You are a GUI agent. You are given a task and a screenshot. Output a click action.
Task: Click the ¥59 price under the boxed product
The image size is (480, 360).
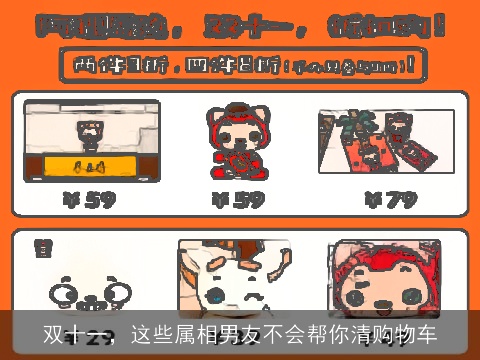tap(91, 200)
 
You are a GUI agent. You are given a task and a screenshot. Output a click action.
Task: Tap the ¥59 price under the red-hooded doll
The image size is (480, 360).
tap(238, 200)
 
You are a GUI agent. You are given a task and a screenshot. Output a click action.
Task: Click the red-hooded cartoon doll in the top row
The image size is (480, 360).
tap(237, 140)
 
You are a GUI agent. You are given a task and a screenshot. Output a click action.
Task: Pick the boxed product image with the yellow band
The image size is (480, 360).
tap(92, 140)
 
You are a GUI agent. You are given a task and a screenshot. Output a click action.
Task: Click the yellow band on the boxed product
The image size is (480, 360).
tap(92, 164)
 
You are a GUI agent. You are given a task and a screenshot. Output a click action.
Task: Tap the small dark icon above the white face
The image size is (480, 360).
tap(43, 246)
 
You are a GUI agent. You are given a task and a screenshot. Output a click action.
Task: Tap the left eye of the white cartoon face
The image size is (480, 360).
tap(64, 293)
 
